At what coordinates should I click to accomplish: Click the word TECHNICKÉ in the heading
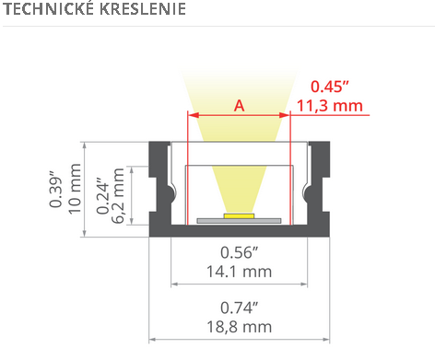[x=49, y=8]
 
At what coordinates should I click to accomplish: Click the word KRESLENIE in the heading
[x=143, y=8]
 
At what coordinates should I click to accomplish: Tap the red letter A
[x=239, y=106]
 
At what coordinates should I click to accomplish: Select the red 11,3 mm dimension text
[x=329, y=106]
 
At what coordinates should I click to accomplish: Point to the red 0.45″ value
[x=330, y=87]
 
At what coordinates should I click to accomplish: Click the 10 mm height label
[x=75, y=189]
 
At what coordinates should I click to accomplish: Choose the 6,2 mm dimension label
[x=118, y=195]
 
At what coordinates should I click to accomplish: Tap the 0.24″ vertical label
[x=102, y=195]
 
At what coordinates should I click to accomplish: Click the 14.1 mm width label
[x=239, y=272]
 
